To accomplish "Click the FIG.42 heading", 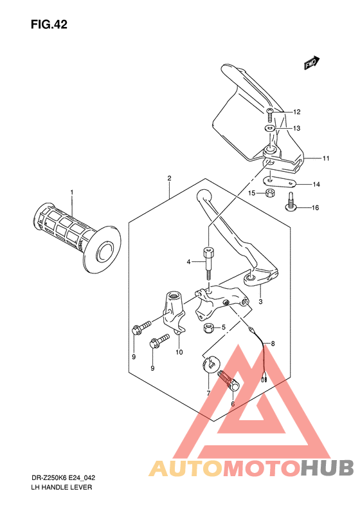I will pos(48,25).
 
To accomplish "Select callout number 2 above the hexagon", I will pos(169,178).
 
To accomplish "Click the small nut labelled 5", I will pos(208,329).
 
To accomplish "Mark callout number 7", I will pos(208,393).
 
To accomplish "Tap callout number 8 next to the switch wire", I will pos(272,344).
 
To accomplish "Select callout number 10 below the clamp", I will pos(179,352).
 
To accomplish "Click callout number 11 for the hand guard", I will pos(326,158).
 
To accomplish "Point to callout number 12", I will pos(297,111).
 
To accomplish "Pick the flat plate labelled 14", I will pos(280,183).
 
